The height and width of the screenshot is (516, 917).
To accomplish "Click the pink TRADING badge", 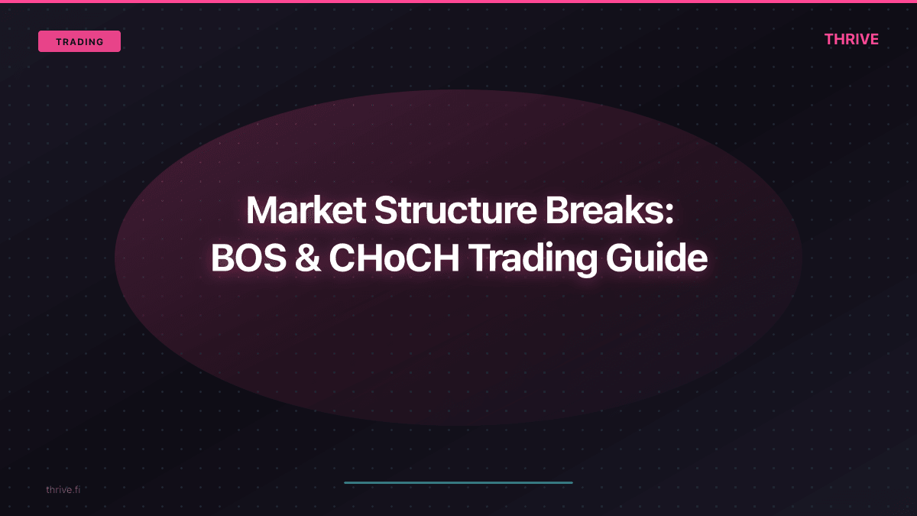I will coord(79,41).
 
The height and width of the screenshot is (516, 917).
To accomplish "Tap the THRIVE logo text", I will coord(851,39).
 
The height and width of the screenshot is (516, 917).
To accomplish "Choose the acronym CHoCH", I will coord(394,259).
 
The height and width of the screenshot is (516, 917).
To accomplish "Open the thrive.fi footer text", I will coord(63,489).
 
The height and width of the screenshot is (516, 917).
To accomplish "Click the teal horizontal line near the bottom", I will coord(458,482).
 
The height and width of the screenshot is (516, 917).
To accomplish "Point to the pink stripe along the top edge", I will coord(458,2).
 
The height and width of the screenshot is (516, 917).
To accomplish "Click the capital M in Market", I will coord(262,210).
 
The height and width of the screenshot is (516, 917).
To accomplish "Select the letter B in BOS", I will coord(222,259).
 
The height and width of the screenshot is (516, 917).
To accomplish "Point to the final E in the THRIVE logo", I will coord(873,39).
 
